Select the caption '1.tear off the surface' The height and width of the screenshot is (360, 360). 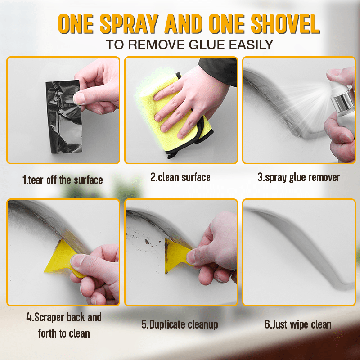click(x=63, y=180)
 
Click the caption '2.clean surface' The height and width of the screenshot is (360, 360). click(x=180, y=177)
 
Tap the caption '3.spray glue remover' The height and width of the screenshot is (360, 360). click(x=298, y=177)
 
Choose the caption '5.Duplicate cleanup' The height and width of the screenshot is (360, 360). click(x=180, y=324)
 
